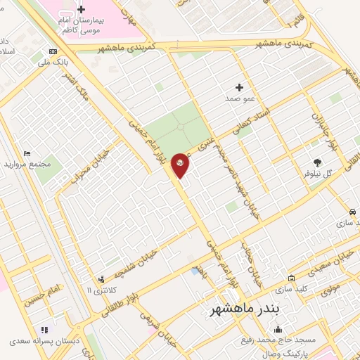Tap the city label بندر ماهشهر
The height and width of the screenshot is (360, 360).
(240, 310)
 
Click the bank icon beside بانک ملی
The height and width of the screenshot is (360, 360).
(53, 51)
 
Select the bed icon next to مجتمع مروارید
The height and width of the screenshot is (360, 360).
(27, 154)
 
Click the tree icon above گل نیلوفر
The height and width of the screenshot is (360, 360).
(317, 162)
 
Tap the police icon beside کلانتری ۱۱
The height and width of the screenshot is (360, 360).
(102, 278)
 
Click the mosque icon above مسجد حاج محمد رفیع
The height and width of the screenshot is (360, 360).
(279, 330)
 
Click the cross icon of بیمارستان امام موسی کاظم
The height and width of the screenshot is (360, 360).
(82, 9)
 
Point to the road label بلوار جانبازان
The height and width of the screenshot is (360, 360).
(318, 124)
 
